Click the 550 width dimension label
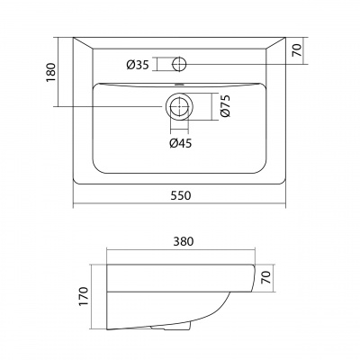(181, 195)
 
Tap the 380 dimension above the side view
(184, 241)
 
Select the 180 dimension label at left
(51, 72)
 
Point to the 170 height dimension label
(85, 297)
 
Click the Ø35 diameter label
(138, 65)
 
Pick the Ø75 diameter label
(225, 105)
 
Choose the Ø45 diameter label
(180, 144)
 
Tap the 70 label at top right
(297, 50)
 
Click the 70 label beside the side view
(266, 277)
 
